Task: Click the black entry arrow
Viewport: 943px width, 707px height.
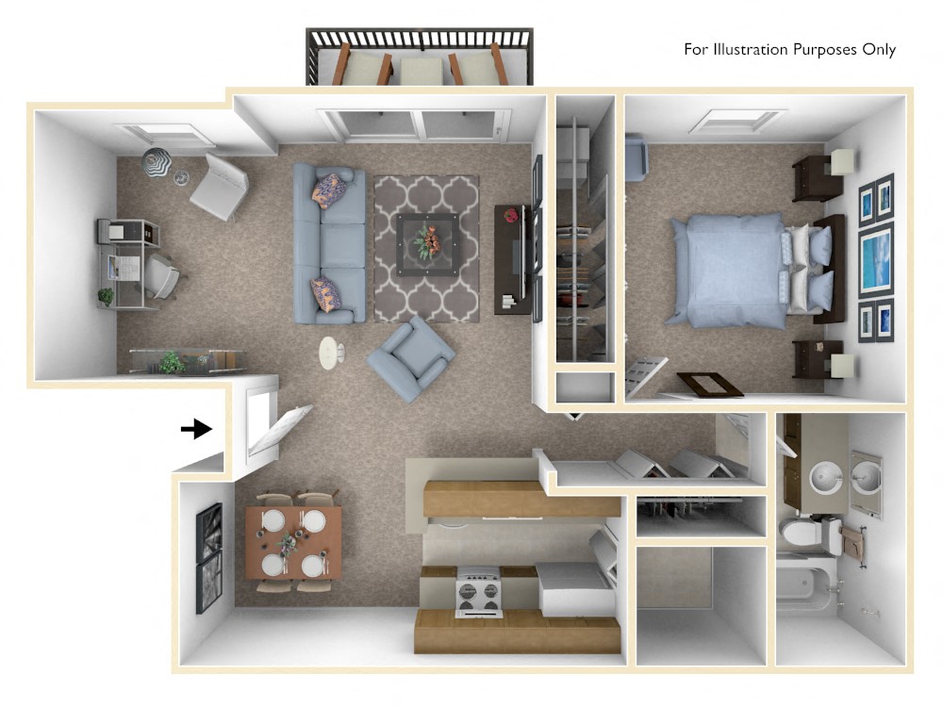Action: (x=195, y=430)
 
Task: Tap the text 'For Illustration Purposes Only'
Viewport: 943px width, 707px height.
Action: (x=789, y=50)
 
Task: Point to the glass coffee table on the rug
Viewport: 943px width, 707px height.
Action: (x=426, y=242)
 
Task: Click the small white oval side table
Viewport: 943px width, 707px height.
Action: (x=331, y=353)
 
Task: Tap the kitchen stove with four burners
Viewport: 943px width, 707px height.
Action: (x=479, y=592)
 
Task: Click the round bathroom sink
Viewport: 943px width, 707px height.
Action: (x=822, y=475)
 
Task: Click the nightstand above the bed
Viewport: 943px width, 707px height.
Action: (x=817, y=177)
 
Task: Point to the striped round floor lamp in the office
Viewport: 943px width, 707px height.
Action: (x=157, y=163)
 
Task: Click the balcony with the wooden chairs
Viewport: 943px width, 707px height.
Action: (x=419, y=58)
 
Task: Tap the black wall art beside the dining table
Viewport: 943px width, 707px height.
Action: (x=208, y=557)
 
